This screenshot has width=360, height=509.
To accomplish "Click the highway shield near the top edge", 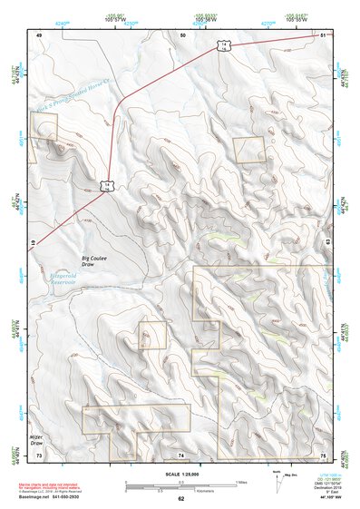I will pos(220,45).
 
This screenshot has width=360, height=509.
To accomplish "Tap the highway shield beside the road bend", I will pos(108,185).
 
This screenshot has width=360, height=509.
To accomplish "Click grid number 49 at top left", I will pos(39,34).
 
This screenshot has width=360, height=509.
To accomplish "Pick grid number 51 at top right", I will pos(324,34).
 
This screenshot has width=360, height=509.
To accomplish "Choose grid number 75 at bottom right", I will pos(323,455).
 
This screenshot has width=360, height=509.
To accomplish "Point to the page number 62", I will pos(180,498).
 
